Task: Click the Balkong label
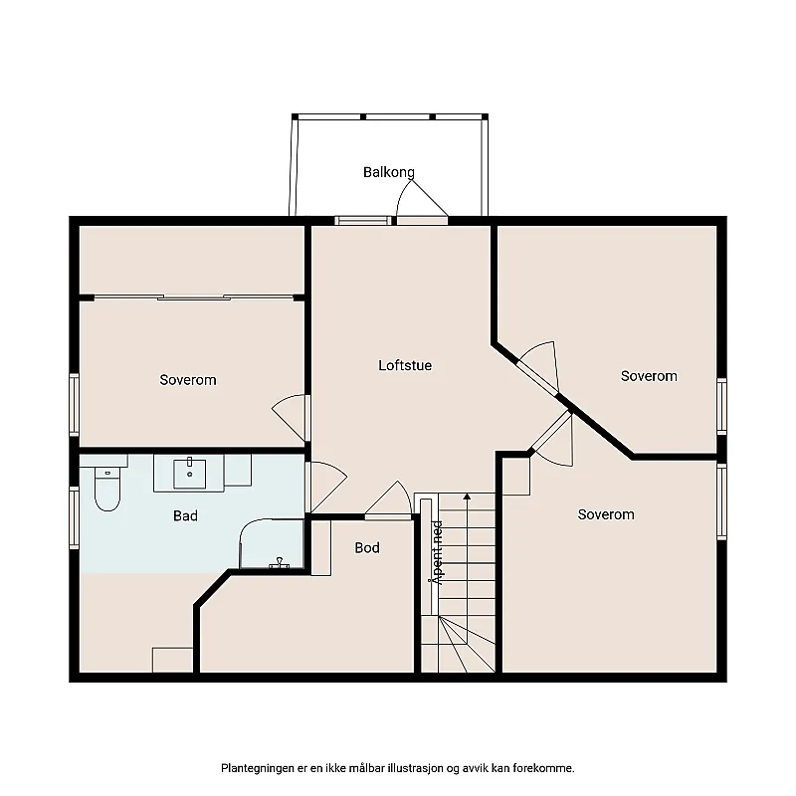388,172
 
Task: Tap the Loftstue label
405,365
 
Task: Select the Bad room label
185,515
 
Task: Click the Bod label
367,547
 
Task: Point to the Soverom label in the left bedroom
188,380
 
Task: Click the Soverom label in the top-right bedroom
649,376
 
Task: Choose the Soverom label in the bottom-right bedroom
606,514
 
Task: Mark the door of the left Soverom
291,416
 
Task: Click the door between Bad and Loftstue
326,486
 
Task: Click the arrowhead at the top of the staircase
466,495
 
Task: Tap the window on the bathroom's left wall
74,516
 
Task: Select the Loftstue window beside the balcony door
360,221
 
